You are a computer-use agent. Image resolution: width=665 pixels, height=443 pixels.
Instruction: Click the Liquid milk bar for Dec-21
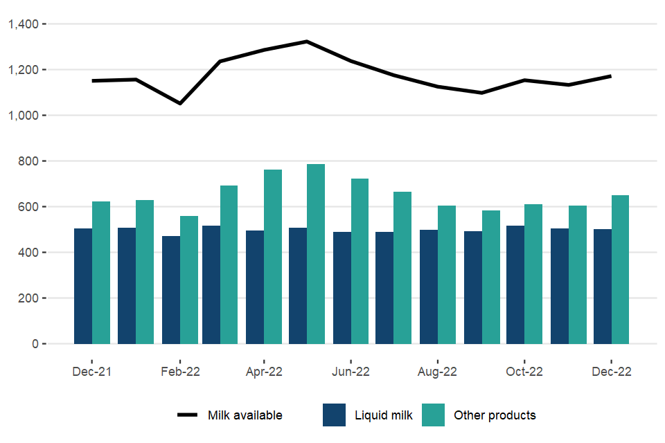click(x=83, y=286)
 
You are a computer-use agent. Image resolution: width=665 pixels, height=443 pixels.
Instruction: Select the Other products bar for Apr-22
click(x=273, y=257)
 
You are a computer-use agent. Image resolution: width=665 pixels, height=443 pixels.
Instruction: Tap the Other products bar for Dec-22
click(x=620, y=269)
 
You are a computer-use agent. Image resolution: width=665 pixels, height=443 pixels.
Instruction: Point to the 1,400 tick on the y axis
click(x=27, y=24)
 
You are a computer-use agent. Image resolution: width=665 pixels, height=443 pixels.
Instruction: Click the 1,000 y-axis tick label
click(x=27, y=116)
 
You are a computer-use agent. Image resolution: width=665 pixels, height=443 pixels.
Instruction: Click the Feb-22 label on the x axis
click(x=180, y=372)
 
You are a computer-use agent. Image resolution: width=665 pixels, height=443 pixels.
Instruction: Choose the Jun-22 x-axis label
click(x=351, y=372)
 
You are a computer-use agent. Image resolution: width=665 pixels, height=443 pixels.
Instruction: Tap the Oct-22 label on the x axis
click(x=524, y=372)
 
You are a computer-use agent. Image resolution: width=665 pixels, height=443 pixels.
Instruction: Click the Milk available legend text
click(x=245, y=415)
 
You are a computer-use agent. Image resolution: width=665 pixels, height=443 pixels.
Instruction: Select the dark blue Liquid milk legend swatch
click(x=334, y=415)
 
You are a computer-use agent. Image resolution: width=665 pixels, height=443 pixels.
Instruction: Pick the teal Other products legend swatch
click(x=433, y=415)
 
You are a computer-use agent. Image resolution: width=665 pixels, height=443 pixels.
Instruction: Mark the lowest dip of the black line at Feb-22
click(x=180, y=104)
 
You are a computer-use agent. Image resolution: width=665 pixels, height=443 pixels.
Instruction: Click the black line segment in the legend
click(x=188, y=415)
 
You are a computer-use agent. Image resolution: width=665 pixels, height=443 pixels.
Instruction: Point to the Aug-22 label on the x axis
click(x=438, y=372)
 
